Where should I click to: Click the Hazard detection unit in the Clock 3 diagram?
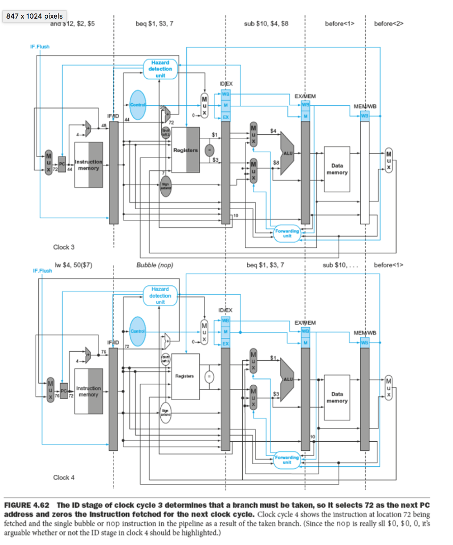[160, 69]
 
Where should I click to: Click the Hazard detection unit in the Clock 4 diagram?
[160, 295]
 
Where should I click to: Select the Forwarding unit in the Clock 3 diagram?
[287, 233]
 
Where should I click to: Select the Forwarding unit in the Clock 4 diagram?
[287, 460]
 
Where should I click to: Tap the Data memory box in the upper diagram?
[336, 169]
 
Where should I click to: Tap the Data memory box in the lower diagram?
[336, 397]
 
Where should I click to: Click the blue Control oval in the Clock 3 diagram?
[138, 104]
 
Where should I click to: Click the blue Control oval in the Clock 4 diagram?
[138, 331]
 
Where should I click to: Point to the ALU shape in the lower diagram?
[288, 380]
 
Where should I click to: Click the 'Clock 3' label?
[64, 247]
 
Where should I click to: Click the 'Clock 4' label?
[64, 477]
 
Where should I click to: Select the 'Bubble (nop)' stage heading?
[155, 265]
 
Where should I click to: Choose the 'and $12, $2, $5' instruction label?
[72, 23]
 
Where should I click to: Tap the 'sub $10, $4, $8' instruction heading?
[266, 23]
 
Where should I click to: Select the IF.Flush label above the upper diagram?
[39, 47]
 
